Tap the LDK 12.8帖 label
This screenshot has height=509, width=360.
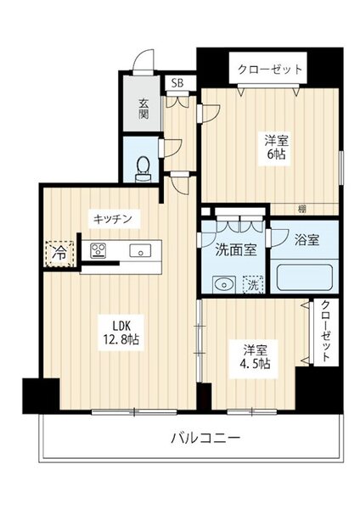click(115, 332)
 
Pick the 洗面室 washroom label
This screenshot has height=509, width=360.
click(230, 251)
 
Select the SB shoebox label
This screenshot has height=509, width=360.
click(178, 83)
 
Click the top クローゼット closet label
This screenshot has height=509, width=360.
click(268, 70)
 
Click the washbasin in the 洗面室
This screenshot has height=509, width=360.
click(222, 284)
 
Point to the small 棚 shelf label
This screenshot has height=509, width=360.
click(302, 207)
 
